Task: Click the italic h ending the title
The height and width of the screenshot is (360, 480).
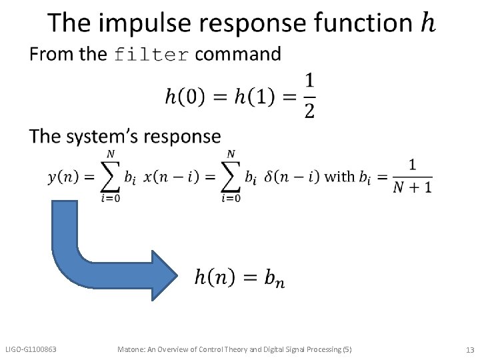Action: coord(429,23)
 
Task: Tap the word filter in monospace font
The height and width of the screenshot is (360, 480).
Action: coord(152,55)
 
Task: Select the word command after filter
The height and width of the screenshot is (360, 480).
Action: coord(238,54)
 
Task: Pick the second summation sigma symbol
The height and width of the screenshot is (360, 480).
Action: coord(231,177)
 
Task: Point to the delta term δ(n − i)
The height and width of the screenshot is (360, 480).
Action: coord(292,177)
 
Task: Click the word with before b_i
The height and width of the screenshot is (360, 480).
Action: coord(339,177)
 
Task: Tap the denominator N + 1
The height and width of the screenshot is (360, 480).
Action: coord(412,187)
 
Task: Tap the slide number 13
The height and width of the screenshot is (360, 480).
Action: coord(469,349)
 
